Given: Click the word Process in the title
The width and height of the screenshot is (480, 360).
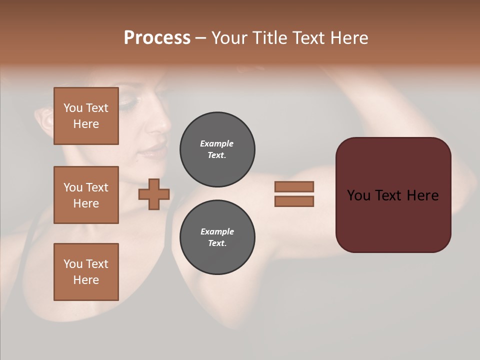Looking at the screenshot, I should pyautogui.click(x=157, y=38).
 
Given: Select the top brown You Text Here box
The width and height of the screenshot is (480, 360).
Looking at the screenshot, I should pyautogui.click(x=86, y=116).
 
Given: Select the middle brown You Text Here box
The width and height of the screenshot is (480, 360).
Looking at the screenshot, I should pyautogui.click(x=86, y=195).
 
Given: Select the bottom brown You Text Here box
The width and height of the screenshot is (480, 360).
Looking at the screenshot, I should pyautogui.click(x=86, y=272).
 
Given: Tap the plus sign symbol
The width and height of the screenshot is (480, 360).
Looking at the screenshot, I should pyautogui.click(x=154, y=194).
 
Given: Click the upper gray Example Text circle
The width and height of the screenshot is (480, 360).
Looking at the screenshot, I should pyautogui.click(x=217, y=149).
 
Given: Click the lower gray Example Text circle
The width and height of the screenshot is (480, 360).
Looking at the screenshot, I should pyautogui.click(x=217, y=237).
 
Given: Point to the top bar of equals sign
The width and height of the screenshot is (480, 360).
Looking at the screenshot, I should pyautogui.click(x=294, y=186).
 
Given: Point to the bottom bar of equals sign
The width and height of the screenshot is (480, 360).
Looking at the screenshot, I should pyautogui.click(x=294, y=201).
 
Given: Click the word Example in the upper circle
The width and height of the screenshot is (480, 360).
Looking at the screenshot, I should pyautogui.click(x=217, y=143).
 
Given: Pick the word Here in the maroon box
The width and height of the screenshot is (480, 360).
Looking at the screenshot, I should pyautogui.click(x=422, y=195).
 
